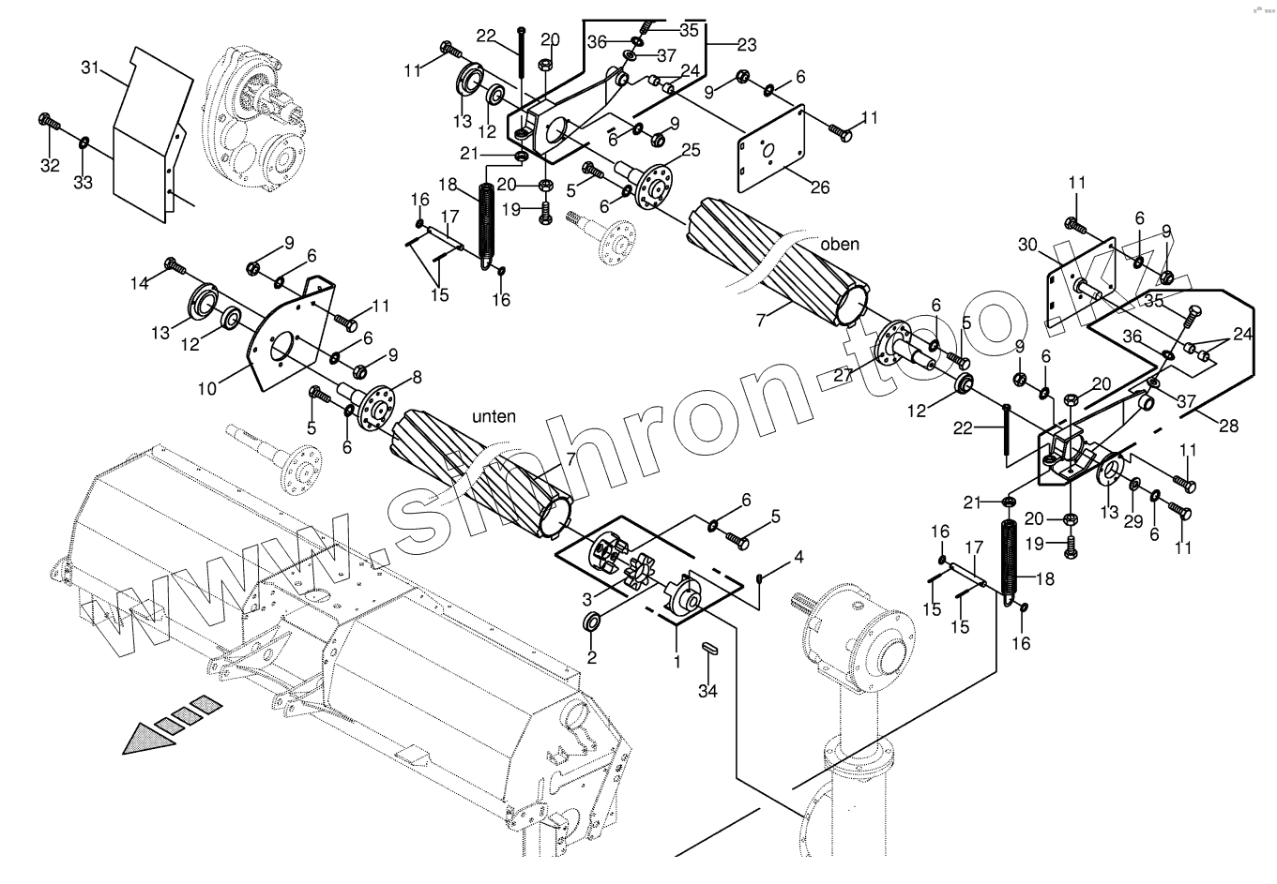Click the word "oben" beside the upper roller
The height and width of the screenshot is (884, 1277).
coord(839,245)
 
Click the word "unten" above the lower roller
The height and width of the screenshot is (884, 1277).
coord(494,416)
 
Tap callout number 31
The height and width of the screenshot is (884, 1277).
coord(90,67)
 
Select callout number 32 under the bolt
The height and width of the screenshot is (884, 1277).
coord(50,165)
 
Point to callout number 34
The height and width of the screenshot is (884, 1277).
coord(707,692)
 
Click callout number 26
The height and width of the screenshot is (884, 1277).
coord(819,187)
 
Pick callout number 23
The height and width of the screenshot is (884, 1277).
coord(746,44)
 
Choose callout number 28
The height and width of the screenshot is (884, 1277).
coord(1227,427)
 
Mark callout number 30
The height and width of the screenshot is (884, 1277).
coord(1029,245)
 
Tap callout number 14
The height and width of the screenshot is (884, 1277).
coord(139,281)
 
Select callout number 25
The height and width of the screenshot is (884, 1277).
coord(691,150)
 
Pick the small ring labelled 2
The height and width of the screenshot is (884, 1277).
coord(593,622)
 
